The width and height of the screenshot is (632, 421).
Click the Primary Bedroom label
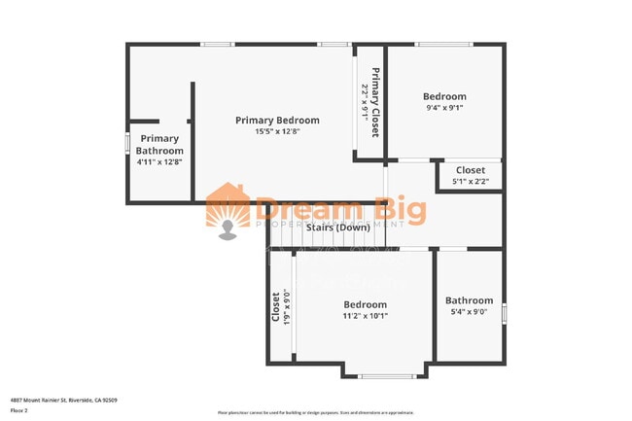277,121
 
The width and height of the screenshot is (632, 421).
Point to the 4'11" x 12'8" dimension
158,161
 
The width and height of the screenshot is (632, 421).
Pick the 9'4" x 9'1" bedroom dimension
444,108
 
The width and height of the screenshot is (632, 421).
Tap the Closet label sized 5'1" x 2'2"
471,170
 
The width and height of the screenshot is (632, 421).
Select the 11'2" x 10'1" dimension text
365,315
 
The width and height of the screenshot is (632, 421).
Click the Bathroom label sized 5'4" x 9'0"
469,301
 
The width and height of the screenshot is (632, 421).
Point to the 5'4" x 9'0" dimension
469,312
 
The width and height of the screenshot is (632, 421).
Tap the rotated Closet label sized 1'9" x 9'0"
276,307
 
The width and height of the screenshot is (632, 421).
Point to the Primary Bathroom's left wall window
126,141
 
